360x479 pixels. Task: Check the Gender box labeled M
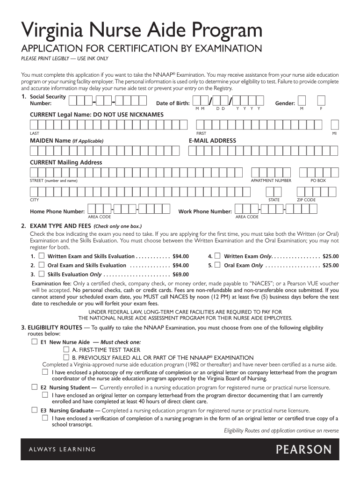[x=302, y=101]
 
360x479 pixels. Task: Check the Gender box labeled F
[x=321, y=101]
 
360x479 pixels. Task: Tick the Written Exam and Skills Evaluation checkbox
[x=42, y=256]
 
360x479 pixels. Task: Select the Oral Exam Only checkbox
[x=217, y=265]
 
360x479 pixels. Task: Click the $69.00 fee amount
[x=180, y=275]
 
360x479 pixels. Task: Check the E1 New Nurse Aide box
[x=34, y=342]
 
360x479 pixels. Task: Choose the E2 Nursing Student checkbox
[x=34, y=387]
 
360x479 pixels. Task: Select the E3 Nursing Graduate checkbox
[x=34, y=410]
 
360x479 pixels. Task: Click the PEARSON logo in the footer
[x=303, y=450]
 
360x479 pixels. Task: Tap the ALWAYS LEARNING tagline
[x=58, y=450]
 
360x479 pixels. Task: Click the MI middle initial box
[x=334, y=124]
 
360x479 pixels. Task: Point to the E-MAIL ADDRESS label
[x=212, y=141]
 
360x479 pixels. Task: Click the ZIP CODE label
[x=306, y=200]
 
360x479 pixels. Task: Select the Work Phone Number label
[x=205, y=212]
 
